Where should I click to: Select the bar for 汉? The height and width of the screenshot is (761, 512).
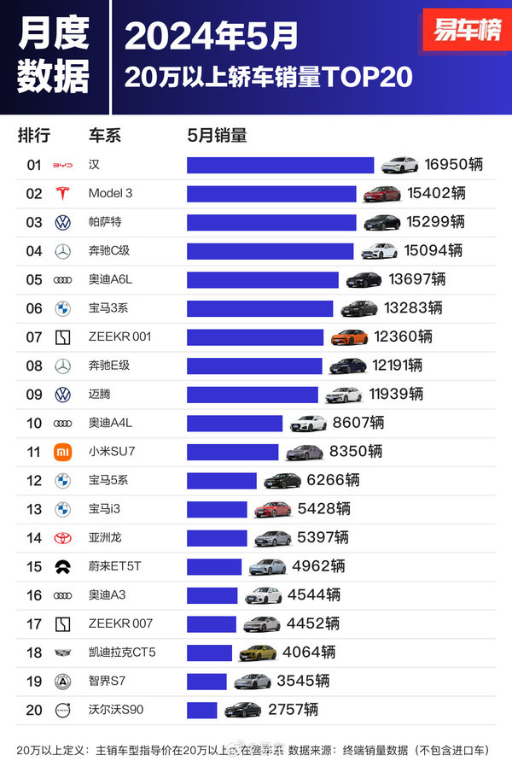(280, 165)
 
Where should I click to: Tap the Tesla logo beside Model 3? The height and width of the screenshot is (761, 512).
(62, 193)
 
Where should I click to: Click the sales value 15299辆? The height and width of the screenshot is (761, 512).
(435, 222)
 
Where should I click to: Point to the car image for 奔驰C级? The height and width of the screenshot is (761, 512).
(379, 251)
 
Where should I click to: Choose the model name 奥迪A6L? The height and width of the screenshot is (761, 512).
(111, 279)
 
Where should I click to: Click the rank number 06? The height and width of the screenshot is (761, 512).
(34, 308)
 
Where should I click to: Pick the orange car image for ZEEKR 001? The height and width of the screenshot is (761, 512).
(349, 337)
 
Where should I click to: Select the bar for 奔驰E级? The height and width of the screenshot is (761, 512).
(254, 366)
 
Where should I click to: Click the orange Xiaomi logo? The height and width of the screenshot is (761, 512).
(62, 451)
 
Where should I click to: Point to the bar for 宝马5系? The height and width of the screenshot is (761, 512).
(221, 480)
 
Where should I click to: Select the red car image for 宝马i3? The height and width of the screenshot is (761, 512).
(272, 509)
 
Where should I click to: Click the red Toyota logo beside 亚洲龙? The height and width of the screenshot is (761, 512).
(62, 537)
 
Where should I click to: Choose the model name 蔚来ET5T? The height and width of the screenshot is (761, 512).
(113, 566)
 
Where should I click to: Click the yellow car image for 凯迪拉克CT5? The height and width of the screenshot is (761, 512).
(257, 653)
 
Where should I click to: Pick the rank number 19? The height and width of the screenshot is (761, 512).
(34, 681)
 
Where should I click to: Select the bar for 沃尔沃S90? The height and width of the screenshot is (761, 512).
(202, 710)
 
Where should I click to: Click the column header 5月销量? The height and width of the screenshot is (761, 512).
(217, 135)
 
